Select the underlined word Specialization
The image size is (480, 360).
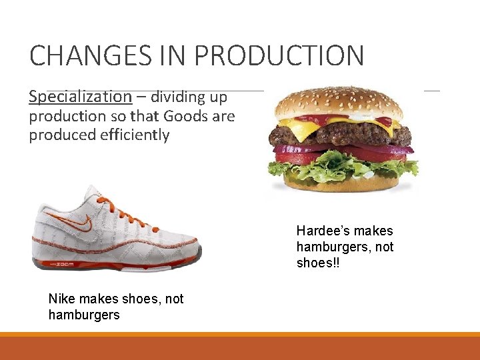[80, 97]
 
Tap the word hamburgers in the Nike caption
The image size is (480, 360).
[84, 315]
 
